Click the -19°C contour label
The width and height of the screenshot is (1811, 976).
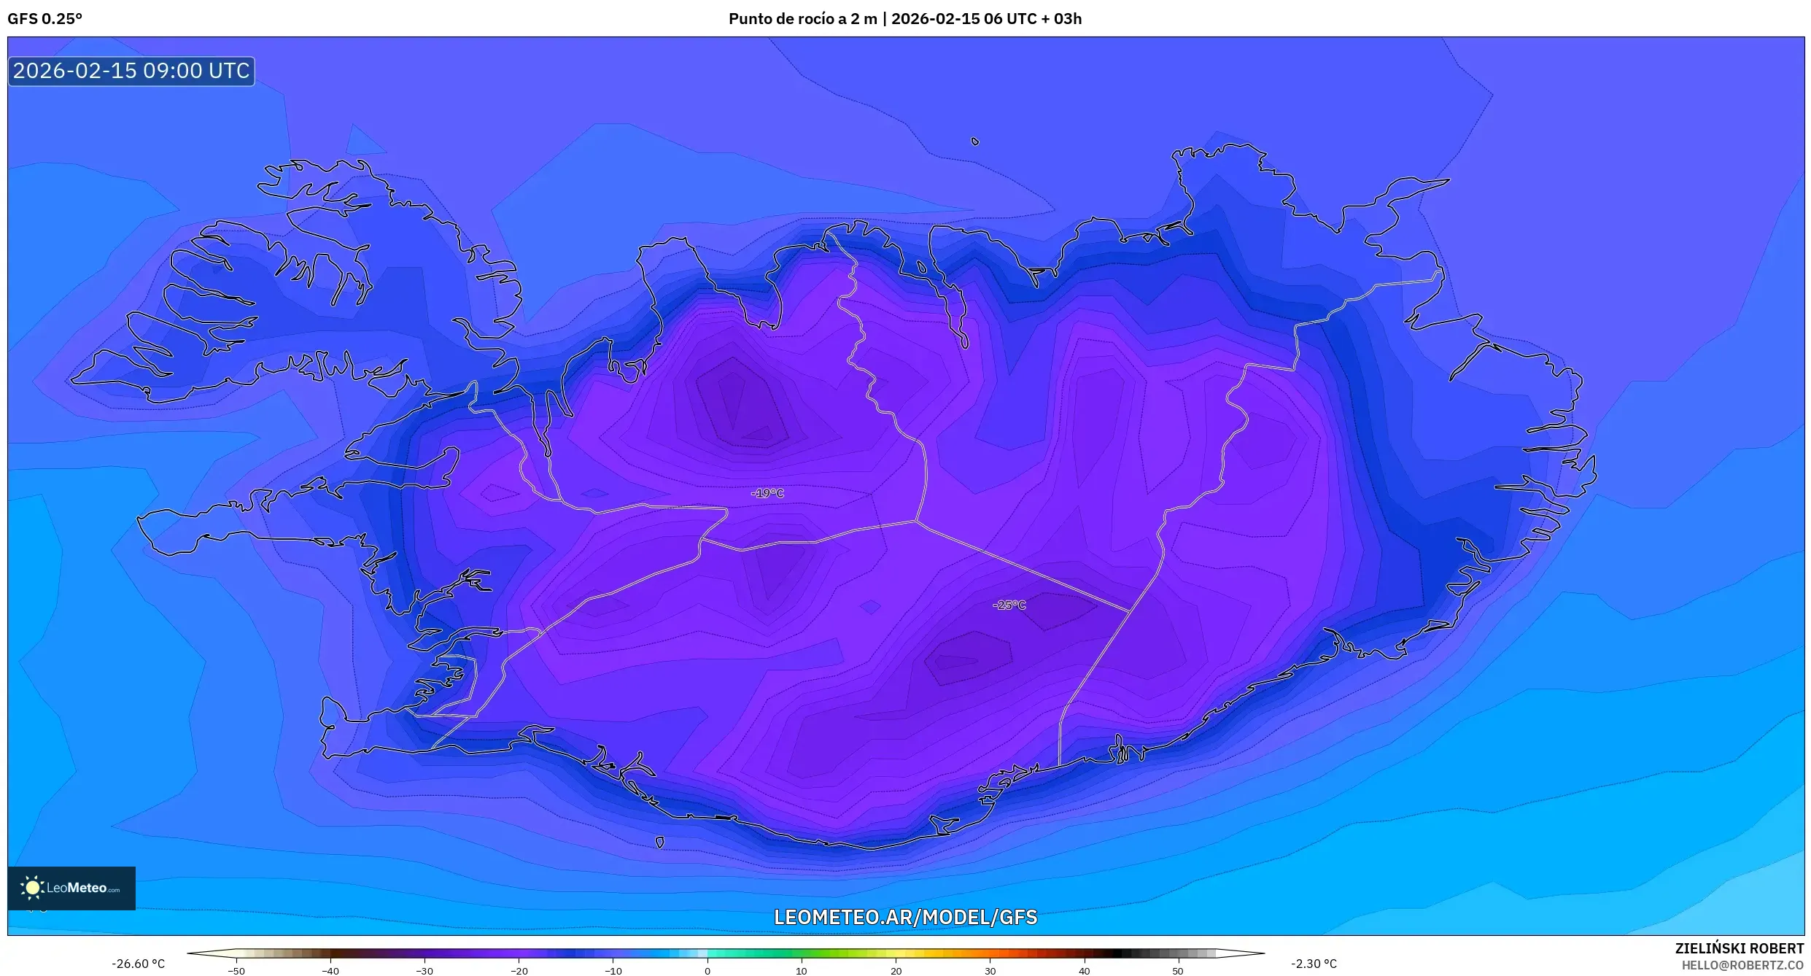click(x=767, y=494)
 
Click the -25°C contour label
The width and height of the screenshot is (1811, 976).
click(x=1009, y=605)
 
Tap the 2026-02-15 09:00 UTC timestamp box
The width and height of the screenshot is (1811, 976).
click(x=131, y=71)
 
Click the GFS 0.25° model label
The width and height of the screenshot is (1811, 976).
click(x=45, y=19)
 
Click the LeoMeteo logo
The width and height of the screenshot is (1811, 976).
click(x=71, y=888)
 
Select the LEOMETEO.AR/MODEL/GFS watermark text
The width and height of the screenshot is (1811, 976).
click(x=905, y=917)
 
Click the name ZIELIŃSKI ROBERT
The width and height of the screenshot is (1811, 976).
click(x=1739, y=948)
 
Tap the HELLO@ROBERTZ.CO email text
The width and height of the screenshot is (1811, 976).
click(x=1742, y=965)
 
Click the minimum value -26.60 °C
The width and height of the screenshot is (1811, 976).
click(x=138, y=964)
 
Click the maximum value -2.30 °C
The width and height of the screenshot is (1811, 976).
click(x=1314, y=964)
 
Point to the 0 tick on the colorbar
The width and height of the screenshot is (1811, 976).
click(x=707, y=971)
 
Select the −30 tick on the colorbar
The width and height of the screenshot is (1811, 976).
click(x=424, y=971)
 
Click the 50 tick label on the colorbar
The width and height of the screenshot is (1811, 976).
click(x=1178, y=971)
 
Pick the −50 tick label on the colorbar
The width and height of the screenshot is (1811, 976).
click(x=236, y=971)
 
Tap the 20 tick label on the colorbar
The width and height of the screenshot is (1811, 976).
click(x=896, y=971)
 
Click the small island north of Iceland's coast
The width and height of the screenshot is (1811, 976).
click(x=975, y=142)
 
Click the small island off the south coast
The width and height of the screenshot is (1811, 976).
click(x=659, y=843)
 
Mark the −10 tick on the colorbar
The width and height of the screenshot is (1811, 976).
click(x=613, y=971)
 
